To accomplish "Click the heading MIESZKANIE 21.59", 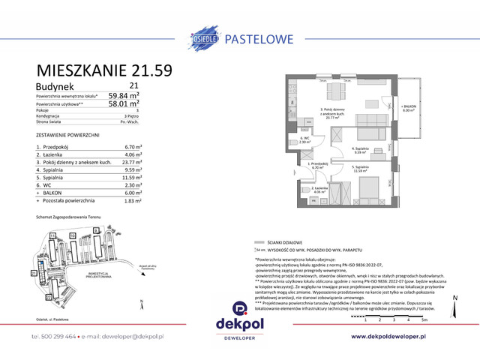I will point(103,72).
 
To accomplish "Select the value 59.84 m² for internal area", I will point(146,96).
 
